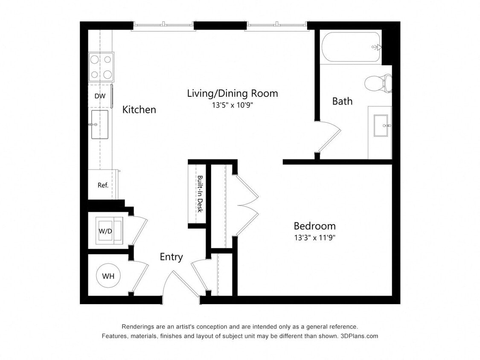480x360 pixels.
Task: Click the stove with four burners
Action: click(x=101, y=67)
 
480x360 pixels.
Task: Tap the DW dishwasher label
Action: click(x=100, y=96)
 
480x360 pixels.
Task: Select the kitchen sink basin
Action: click(x=99, y=125)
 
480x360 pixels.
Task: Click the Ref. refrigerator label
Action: click(x=103, y=185)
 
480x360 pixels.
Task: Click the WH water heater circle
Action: click(x=108, y=276)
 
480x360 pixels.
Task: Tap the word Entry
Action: click(x=171, y=257)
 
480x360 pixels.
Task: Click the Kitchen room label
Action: click(x=139, y=110)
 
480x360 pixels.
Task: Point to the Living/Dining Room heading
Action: click(x=233, y=93)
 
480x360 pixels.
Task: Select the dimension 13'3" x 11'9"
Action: click(x=314, y=238)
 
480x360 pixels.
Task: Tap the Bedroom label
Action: click(x=314, y=226)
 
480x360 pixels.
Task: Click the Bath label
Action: click(x=342, y=101)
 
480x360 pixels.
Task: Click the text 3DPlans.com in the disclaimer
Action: click(x=359, y=336)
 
